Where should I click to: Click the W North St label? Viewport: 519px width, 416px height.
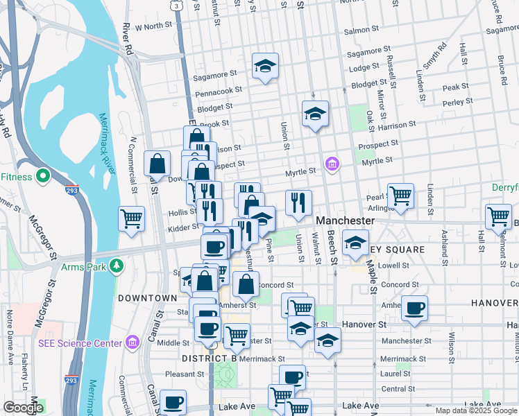click(153, 26)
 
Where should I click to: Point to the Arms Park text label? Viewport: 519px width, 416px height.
click(86, 266)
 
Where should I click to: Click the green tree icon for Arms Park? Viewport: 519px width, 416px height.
click(118, 266)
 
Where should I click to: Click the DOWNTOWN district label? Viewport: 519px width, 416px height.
click(147, 297)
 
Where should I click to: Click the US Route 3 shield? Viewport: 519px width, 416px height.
click(178, 6)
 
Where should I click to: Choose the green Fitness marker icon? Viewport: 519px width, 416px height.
click(42, 176)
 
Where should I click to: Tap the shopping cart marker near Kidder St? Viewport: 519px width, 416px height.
click(131, 217)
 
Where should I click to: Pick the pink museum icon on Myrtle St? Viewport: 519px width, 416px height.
click(332, 164)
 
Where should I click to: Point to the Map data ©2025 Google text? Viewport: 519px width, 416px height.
click(475, 410)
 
